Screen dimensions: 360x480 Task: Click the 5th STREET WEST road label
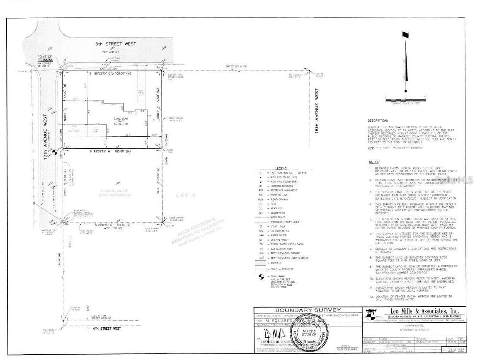pos(116,43)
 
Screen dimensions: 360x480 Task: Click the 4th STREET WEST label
pos(106,328)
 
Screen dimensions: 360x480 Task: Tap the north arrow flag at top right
pos(405,36)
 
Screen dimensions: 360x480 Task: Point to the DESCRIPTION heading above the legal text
pos(377,121)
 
